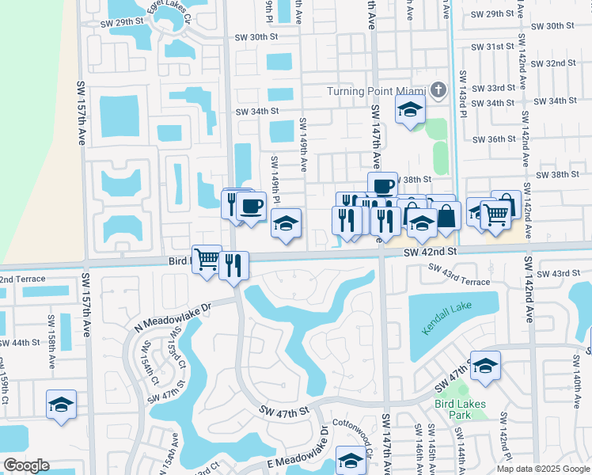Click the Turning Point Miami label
point(377,90)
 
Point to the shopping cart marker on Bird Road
point(207,259)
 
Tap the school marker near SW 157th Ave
point(61,405)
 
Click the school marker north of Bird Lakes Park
point(485,367)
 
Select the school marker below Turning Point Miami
point(410,110)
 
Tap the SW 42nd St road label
point(431,252)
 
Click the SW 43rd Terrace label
point(459,275)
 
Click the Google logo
point(26,465)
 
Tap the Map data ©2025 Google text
point(541,469)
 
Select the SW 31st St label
point(494,47)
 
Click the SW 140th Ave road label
point(576,375)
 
